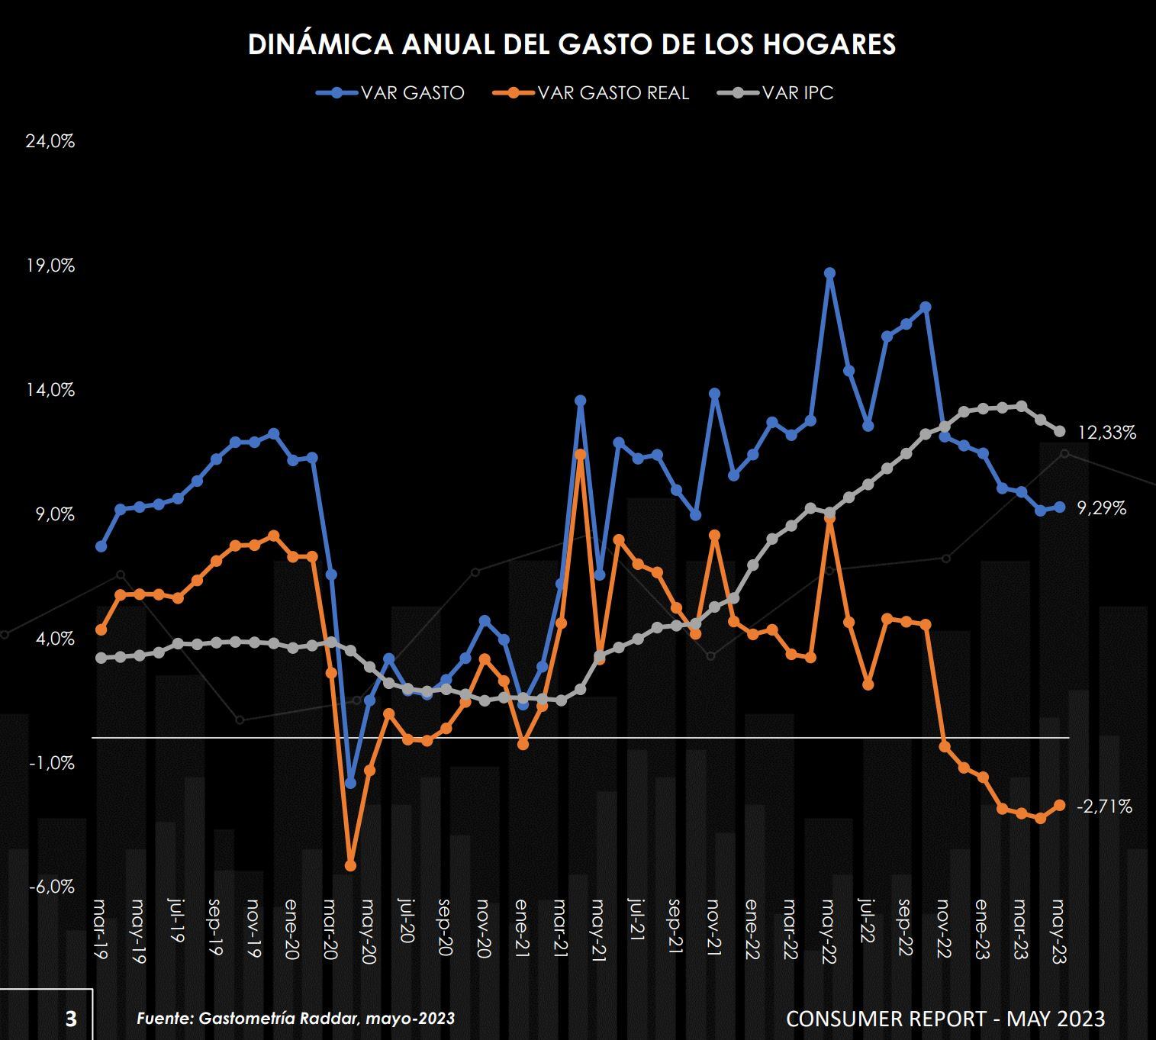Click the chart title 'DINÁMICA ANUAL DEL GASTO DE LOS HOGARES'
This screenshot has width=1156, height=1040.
tap(572, 44)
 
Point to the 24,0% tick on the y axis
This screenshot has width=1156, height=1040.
tap(50, 141)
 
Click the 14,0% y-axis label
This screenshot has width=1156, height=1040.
tap(50, 390)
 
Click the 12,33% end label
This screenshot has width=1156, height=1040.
tap(1106, 433)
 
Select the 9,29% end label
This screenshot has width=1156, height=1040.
tap(1101, 508)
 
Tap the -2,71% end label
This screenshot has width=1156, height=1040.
tap(1104, 807)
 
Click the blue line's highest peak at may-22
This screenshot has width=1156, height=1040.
tap(829, 273)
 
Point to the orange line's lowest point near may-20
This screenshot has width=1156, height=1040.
tap(350, 865)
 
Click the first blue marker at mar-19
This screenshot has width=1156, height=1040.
tap(101, 546)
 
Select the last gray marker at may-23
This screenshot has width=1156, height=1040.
tap(1059, 431)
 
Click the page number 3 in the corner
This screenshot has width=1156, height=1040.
tap(71, 1019)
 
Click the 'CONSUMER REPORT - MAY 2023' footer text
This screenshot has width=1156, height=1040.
tap(945, 1019)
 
